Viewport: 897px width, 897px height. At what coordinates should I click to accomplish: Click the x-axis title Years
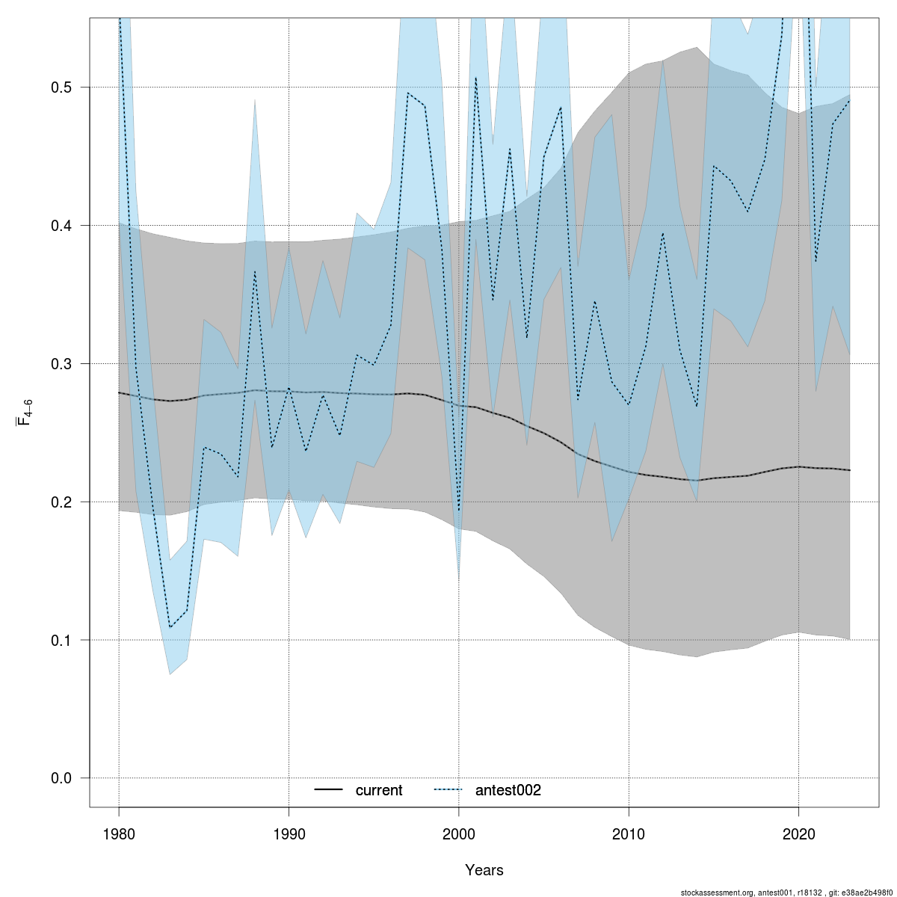[484, 870]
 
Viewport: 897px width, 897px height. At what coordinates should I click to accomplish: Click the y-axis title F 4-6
[24, 413]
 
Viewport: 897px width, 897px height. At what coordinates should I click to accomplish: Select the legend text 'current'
[379, 791]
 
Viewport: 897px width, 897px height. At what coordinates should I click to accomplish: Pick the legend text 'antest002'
[508, 791]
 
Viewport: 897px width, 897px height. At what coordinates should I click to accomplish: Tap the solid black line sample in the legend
[328, 790]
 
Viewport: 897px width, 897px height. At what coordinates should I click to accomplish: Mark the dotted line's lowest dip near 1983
[170, 627]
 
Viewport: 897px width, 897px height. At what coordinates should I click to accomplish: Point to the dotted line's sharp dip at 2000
[459, 511]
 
